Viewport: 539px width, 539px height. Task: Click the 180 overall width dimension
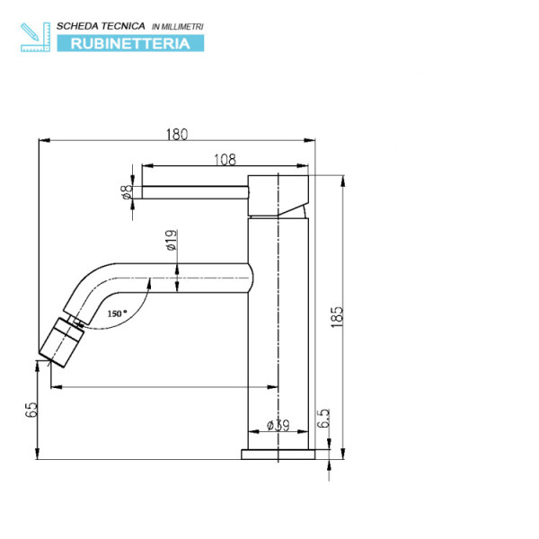pyautogui.click(x=176, y=135)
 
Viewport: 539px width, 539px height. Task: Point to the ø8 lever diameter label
pyautogui.click(x=127, y=191)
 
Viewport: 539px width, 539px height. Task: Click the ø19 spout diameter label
pyautogui.click(x=170, y=241)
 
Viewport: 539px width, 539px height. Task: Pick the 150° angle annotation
pyautogui.click(x=117, y=314)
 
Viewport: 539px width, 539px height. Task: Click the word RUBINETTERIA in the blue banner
pyautogui.click(x=130, y=42)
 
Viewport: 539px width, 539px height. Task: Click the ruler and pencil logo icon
pyautogui.click(x=33, y=36)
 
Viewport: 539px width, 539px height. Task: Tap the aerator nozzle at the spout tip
pyautogui.click(x=61, y=342)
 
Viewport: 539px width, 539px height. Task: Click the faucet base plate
pyautogui.click(x=278, y=454)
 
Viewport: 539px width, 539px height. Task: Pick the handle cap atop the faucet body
pyautogui.click(x=278, y=194)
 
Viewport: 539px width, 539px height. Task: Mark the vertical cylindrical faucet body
pyautogui.click(x=278, y=341)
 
